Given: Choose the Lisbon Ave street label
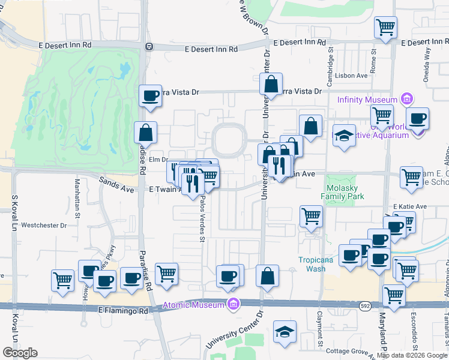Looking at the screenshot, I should [352, 76].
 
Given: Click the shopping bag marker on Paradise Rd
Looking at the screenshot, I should [145, 133].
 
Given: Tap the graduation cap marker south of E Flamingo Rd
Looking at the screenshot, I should [285, 332].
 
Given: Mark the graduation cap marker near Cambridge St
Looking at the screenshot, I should [345, 136].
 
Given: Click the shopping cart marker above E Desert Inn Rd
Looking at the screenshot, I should [385, 27].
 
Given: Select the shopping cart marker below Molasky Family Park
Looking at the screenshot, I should [311, 216].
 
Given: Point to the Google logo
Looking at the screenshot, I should [20, 353].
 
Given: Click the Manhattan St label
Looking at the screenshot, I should [77, 198].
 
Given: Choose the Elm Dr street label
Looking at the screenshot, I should [157, 159].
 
